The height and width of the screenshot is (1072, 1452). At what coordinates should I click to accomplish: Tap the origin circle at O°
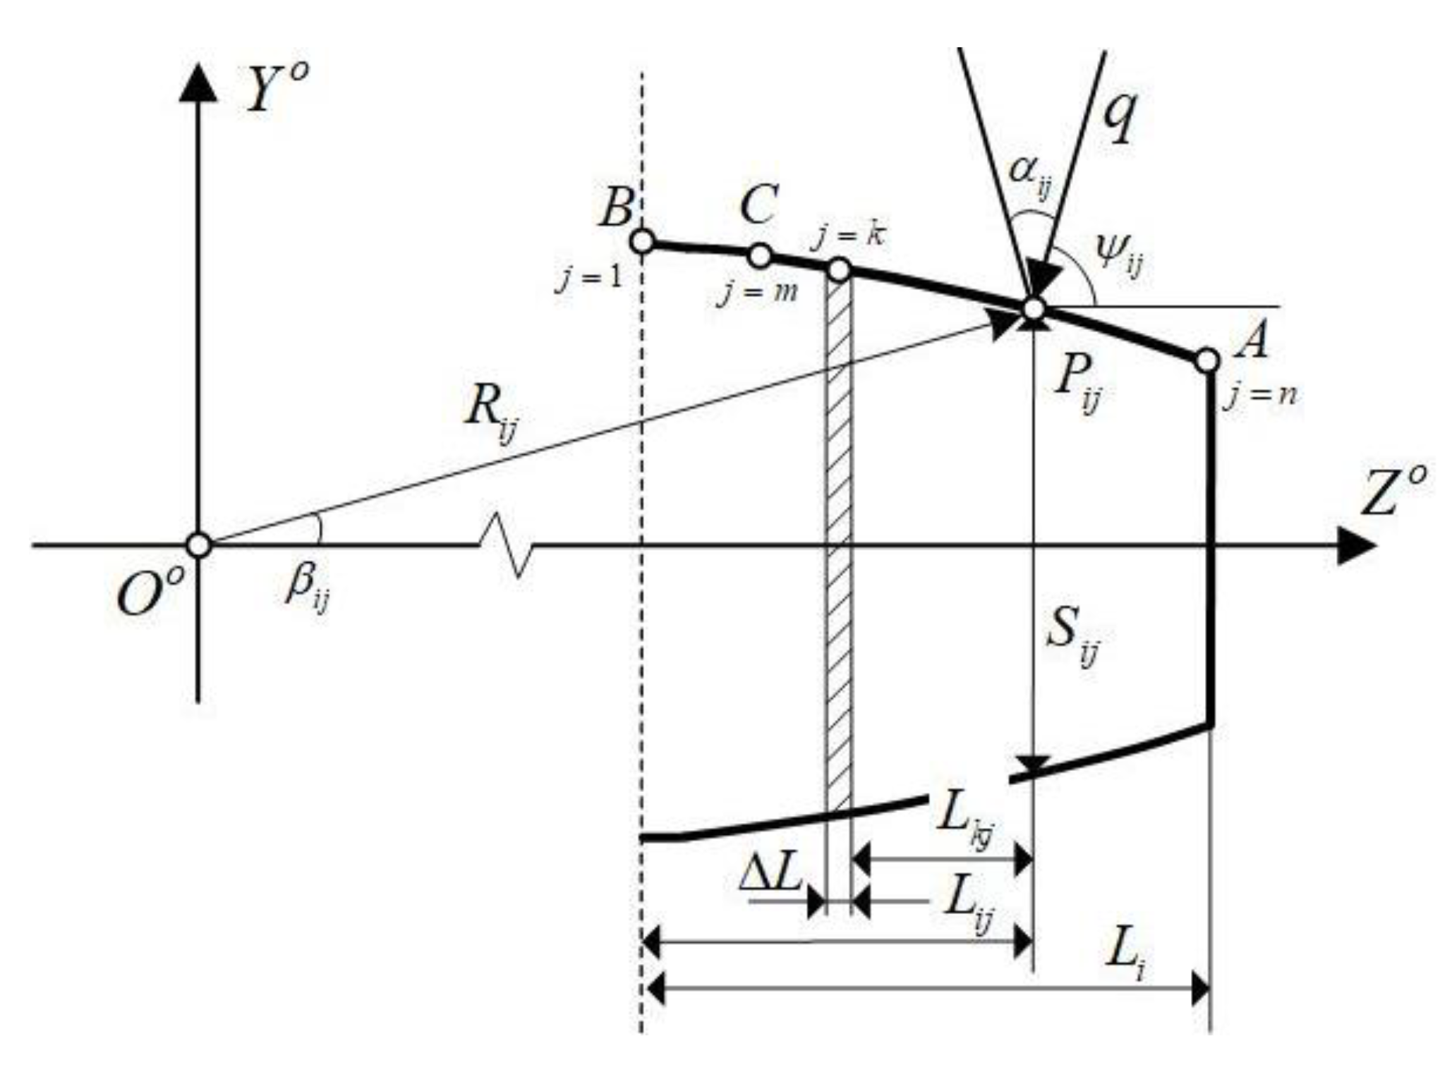(x=199, y=545)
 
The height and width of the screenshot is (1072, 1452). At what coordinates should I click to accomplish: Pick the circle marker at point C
(x=759, y=256)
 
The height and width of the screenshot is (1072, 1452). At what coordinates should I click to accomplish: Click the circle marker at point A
(x=1207, y=360)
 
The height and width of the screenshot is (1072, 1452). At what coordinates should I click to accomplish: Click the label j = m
(x=757, y=291)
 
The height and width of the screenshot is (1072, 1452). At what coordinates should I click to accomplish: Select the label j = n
(x=1262, y=396)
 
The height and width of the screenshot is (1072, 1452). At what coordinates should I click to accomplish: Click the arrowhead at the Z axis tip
(x=1358, y=545)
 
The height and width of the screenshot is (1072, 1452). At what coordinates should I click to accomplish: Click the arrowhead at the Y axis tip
(x=199, y=81)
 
